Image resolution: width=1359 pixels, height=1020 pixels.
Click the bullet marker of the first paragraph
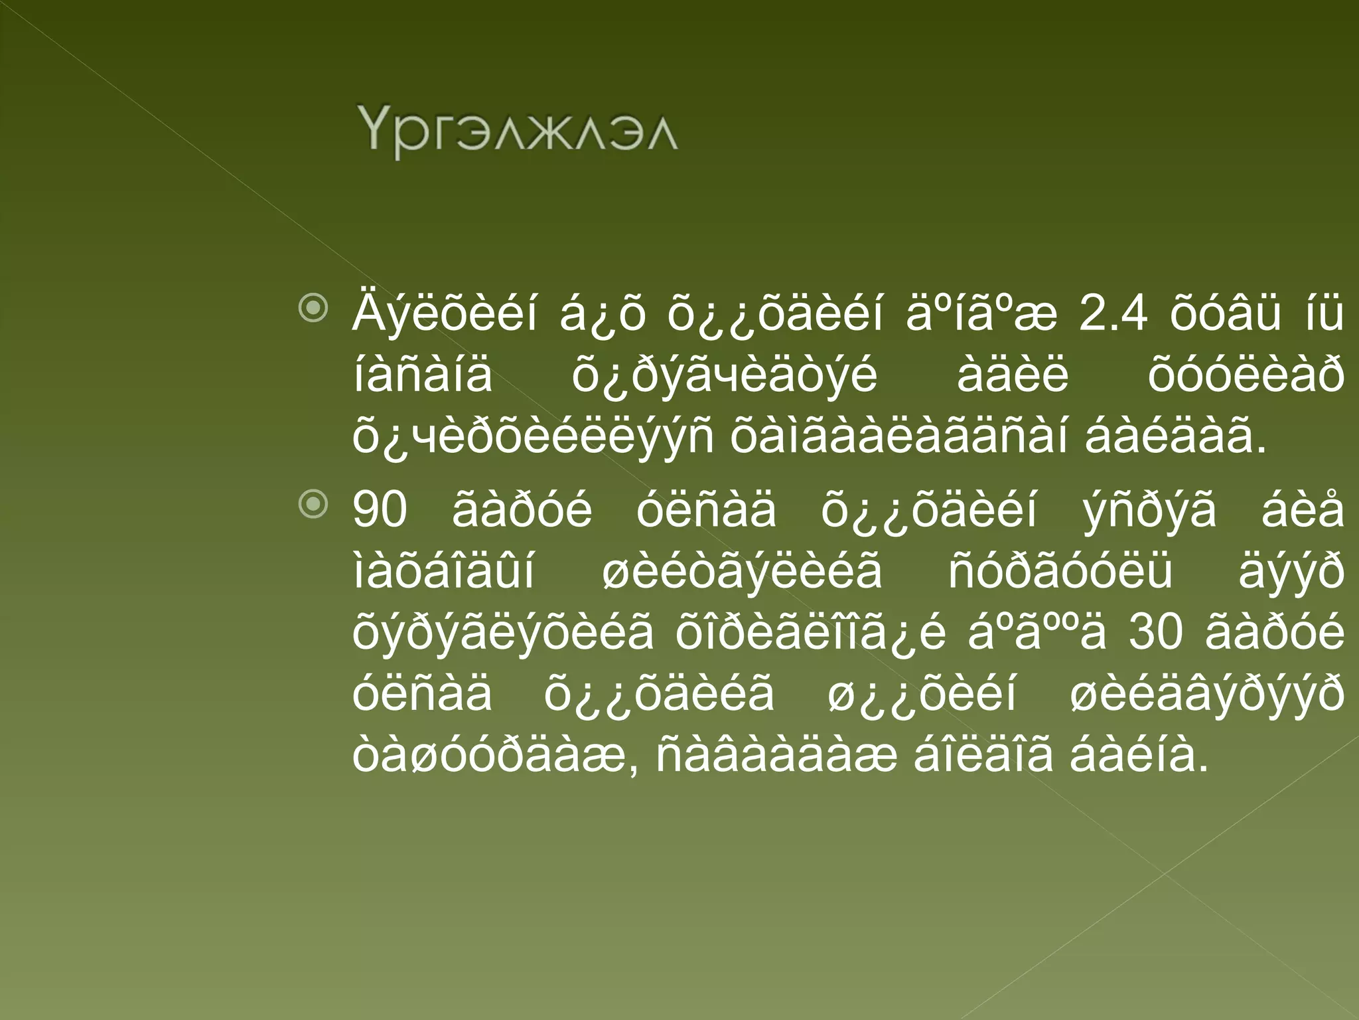coord(313,308)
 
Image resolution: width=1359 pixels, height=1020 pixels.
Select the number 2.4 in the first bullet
coord(1113,313)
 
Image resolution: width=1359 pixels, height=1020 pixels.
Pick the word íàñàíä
coord(423,376)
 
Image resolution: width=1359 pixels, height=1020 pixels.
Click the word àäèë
coord(1013,376)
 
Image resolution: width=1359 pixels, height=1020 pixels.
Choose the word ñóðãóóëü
coord(1060,572)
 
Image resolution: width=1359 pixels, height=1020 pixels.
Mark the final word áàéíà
coord(1139,757)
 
